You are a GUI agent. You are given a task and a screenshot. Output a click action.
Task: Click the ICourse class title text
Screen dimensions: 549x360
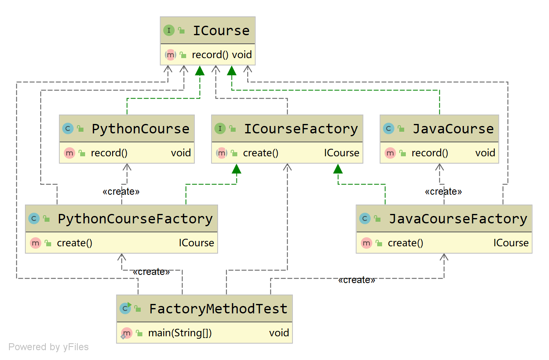click(x=221, y=31)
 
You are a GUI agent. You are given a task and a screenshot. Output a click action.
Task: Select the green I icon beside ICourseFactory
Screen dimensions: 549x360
click(x=220, y=128)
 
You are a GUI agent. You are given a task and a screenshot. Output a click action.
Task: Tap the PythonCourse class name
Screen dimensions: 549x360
click(x=140, y=129)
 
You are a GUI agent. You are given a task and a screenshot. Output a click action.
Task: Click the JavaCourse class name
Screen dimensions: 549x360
click(x=453, y=129)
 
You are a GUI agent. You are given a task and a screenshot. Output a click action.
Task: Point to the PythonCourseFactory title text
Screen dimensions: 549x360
click(x=135, y=219)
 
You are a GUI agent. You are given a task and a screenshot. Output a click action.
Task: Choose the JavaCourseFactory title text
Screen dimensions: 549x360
click(x=458, y=219)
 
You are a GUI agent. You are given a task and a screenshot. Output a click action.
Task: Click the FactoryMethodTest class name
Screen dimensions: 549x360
click(x=218, y=309)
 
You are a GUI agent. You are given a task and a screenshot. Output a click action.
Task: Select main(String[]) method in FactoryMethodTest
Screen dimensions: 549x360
click(x=180, y=333)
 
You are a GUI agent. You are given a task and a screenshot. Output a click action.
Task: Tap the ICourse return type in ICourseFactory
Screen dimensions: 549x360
click(x=342, y=153)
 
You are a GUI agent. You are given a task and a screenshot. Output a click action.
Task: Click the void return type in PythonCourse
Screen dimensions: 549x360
click(x=181, y=153)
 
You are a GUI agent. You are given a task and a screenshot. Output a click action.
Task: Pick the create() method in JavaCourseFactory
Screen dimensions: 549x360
click(x=405, y=243)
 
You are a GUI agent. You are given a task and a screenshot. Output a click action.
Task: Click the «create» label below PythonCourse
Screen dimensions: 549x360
click(x=121, y=191)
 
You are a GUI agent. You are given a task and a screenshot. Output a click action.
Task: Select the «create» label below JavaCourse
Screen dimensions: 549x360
click(x=443, y=191)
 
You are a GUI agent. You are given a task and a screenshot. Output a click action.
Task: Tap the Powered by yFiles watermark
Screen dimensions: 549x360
click(x=49, y=347)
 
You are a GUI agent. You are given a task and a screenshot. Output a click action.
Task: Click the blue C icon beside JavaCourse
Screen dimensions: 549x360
click(x=389, y=128)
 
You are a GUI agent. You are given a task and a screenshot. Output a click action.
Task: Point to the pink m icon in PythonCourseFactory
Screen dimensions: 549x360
click(x=36, y=243)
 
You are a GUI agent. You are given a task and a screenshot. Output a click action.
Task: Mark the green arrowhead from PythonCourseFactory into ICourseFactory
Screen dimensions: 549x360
click(x=236, y=169)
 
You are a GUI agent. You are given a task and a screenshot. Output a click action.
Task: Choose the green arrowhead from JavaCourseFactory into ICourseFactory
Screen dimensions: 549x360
click(x=338, y=169)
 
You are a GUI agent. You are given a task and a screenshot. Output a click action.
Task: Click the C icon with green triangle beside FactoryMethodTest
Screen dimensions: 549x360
click(x=126, y=308)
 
